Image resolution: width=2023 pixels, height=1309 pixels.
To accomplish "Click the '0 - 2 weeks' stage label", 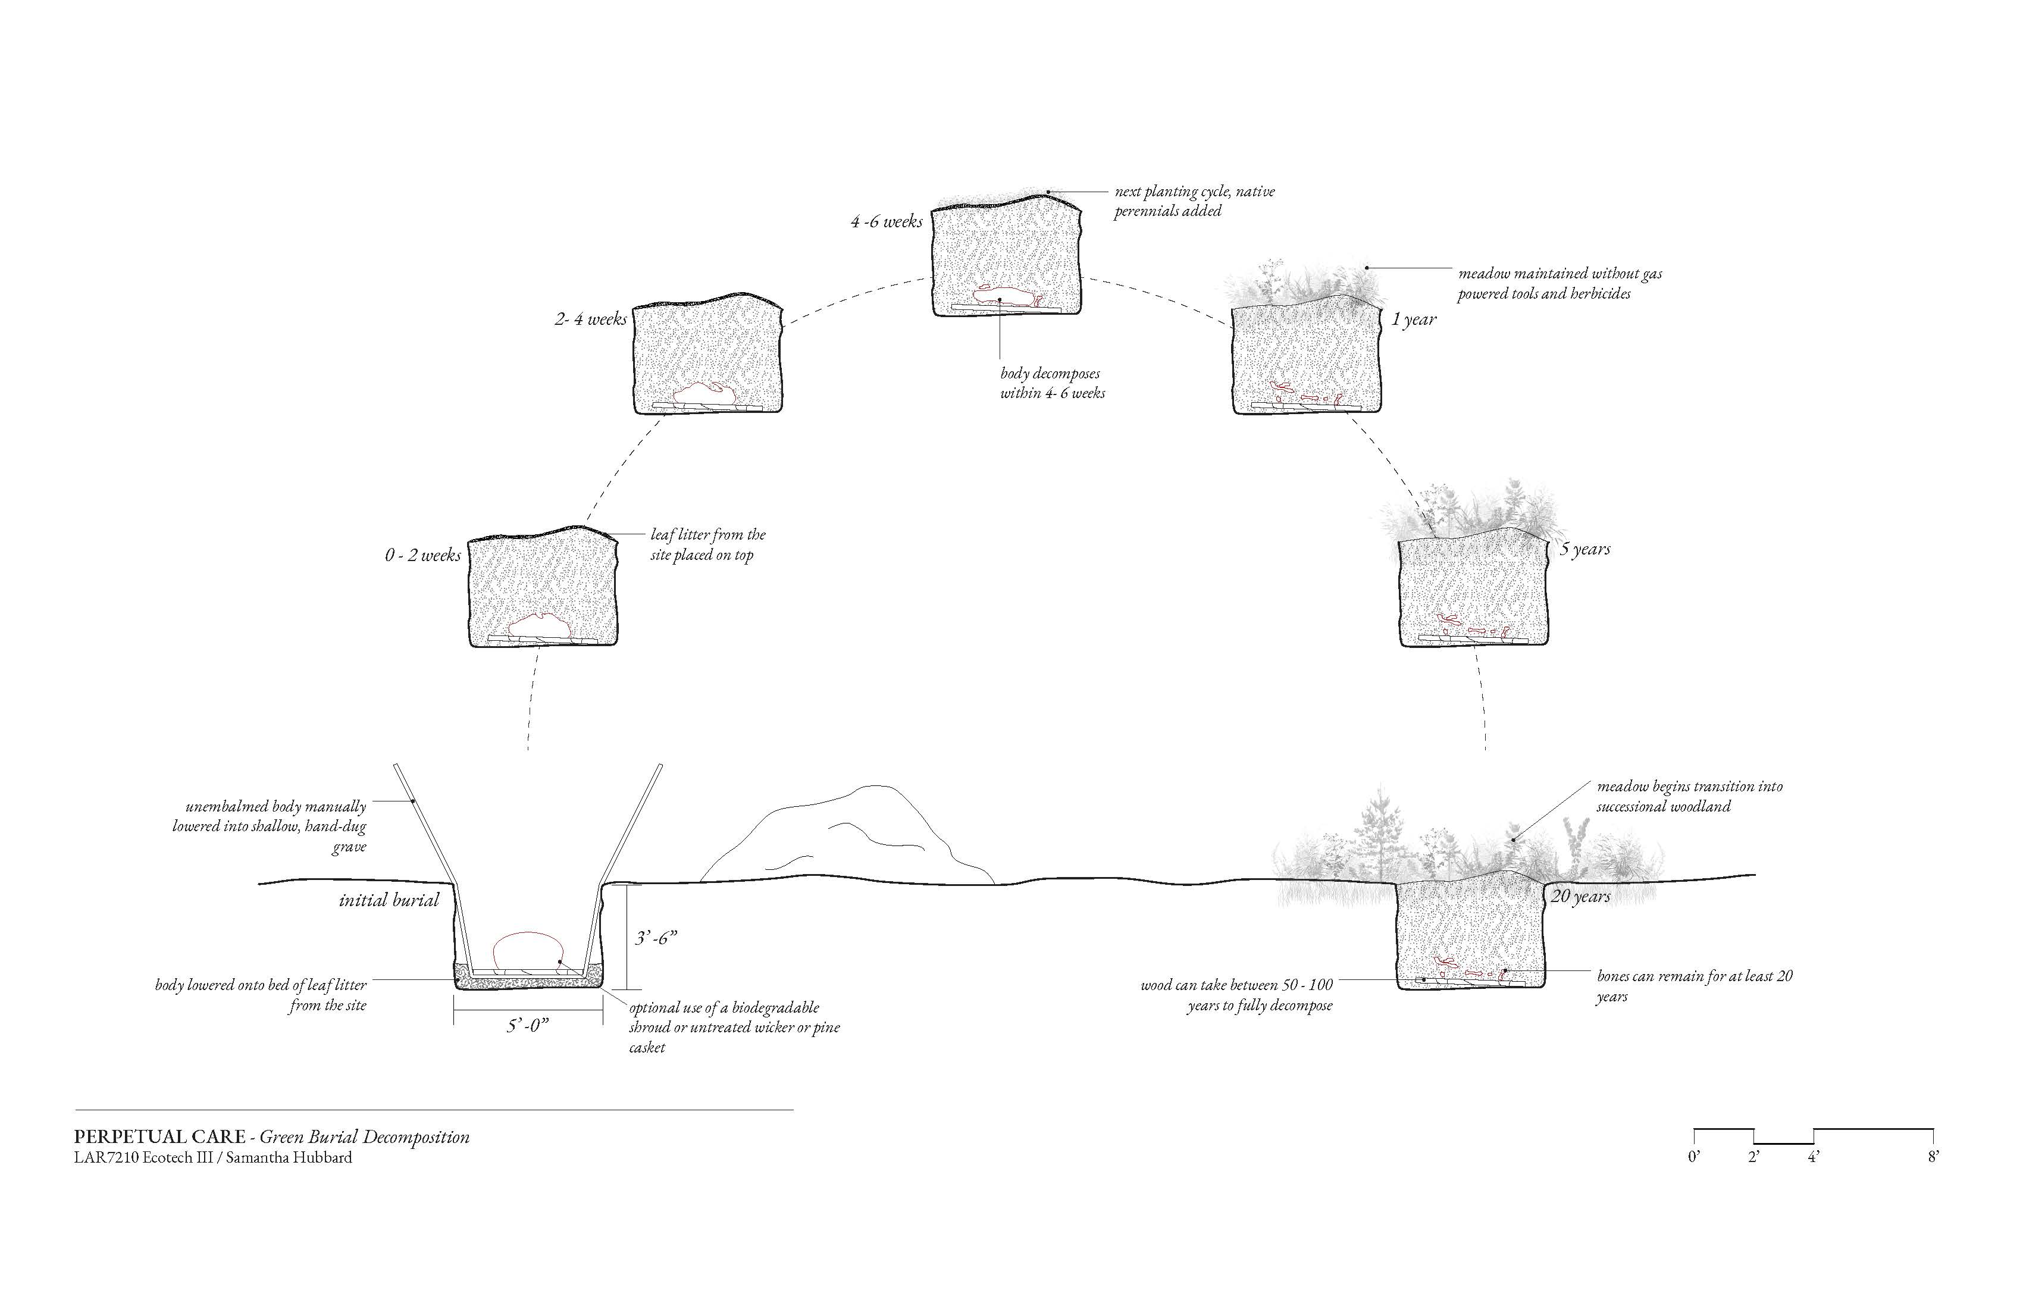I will [422, 555].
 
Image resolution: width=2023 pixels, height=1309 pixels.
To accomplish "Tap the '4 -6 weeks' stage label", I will [887, 222].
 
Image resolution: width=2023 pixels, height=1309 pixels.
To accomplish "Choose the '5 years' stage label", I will [1584, 549].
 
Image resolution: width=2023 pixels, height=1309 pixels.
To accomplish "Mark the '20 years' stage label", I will [1580, 896].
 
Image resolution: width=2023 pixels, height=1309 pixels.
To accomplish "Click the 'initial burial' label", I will [389, 900].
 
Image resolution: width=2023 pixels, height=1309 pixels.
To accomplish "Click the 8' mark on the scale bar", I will [1933, 1156].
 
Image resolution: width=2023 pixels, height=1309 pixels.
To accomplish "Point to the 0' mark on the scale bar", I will [1694, 1156].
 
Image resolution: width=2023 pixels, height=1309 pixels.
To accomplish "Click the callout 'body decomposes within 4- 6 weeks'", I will [1053, 383].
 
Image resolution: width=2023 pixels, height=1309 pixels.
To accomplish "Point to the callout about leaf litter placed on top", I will [707, 545].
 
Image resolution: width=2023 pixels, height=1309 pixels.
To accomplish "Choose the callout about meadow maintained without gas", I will [1559, 284].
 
